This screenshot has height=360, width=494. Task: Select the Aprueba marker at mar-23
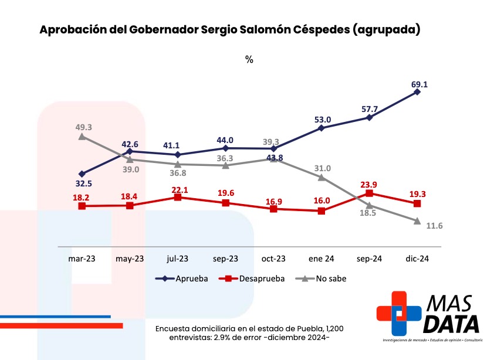82,174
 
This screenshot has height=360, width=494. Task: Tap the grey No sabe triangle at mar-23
82,136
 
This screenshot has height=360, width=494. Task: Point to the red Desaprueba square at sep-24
369,193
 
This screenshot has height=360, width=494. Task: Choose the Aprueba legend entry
182,279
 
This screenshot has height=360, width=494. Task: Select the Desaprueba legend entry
252,279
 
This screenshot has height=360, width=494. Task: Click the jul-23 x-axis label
178,258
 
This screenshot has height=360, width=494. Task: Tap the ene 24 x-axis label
321,258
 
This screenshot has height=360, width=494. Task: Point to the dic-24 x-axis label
417,258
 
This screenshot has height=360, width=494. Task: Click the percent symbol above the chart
249,60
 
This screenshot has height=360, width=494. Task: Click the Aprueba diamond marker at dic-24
417,92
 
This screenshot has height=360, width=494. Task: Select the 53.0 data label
323,120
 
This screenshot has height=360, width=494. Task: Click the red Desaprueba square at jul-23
178,198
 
